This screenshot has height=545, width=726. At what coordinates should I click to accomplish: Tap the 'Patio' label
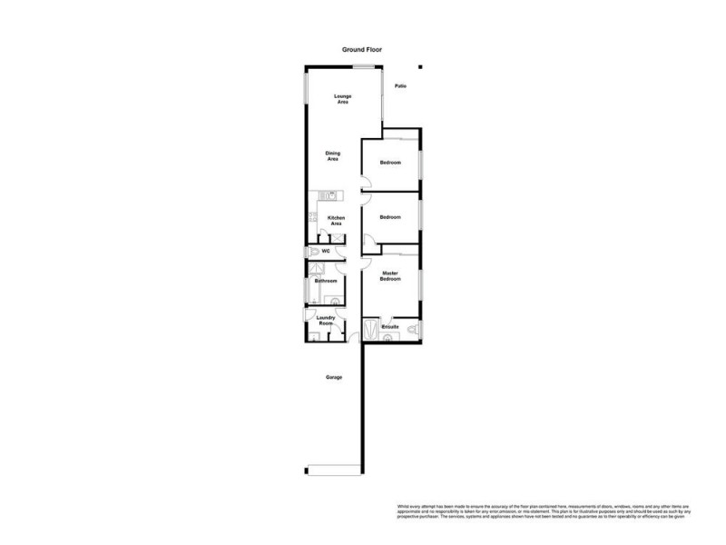click(x=400, y=86)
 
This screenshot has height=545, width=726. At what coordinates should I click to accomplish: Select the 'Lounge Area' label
click(x=342, y=99)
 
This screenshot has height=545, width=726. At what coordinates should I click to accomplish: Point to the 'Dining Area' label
click(x=333, y=156)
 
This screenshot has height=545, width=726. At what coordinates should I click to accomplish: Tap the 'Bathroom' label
click(x=326, y=282)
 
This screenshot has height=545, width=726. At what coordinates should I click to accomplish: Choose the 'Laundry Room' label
click(x=326, y=321)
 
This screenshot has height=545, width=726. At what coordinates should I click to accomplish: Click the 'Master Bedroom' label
click(x=390, y=276)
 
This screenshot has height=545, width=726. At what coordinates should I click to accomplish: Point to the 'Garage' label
click(x=334, y=377)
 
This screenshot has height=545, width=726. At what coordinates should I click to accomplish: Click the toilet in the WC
click(x=313, y=250)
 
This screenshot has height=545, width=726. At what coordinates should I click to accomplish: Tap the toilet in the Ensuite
click(x=411, y=326)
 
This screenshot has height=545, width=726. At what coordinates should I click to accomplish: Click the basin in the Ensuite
click(x=389, y=338)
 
